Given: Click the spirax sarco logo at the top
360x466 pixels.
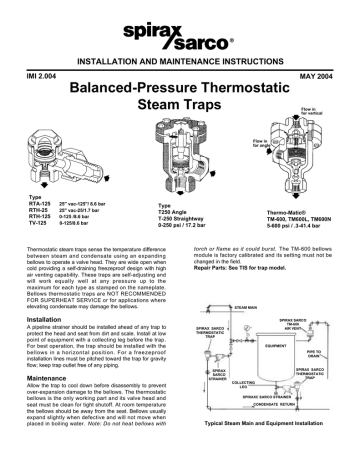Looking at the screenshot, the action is coord(180,37).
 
